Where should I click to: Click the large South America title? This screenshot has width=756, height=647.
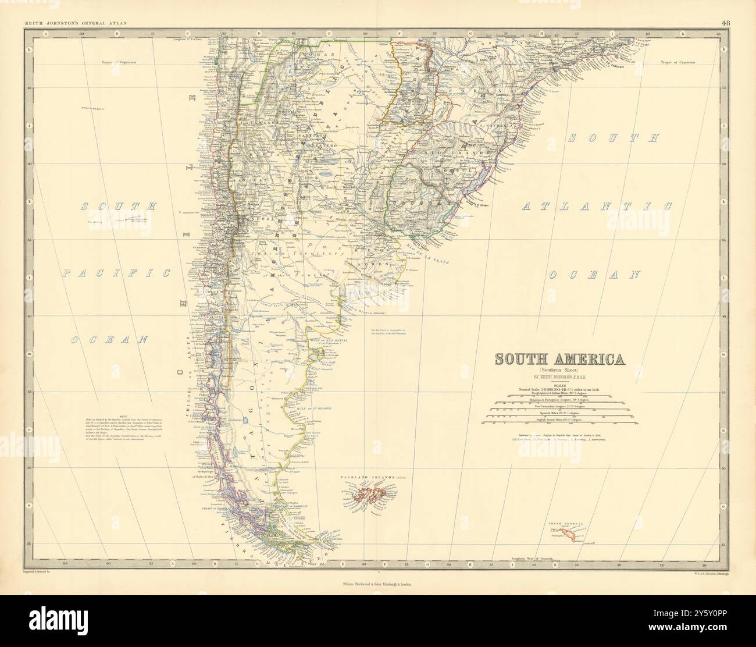[x=559, y=359]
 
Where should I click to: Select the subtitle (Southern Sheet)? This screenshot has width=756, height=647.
[x=559, y=371]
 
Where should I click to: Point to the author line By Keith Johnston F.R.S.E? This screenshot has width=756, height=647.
[x=559, y=378]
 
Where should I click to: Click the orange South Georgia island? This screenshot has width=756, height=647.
[x=568, y=534]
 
